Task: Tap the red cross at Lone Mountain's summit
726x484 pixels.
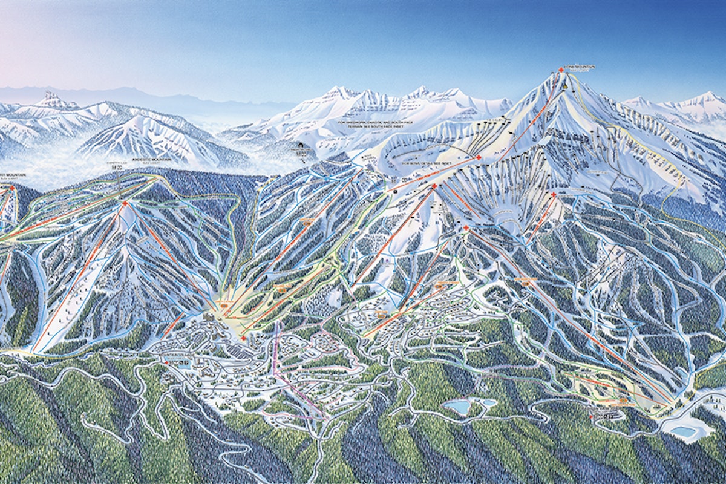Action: tap(561, 71)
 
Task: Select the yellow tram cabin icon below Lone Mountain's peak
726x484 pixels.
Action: tap(564, 87)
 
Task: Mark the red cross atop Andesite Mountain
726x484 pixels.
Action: tap(125, 203)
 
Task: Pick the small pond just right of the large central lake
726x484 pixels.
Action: tap(488, 402)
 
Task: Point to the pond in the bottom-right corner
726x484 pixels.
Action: tap(684, 431)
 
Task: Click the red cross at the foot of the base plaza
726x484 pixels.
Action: tap(243, 338)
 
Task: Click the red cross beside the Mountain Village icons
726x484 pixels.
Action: tap(166, 362)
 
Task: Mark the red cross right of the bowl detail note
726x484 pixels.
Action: tap(479, 158)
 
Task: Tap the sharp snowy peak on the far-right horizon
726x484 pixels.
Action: tap(705, 96)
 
